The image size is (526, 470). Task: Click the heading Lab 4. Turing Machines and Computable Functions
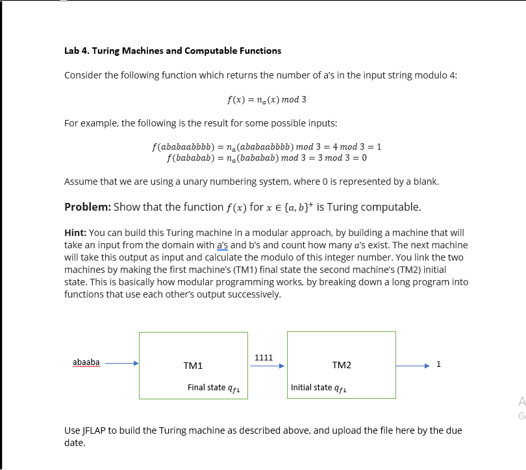(173, 51)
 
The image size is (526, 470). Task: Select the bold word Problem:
(88, 207)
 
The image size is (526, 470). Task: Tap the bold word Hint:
(75, 232)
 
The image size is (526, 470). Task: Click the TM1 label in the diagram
(193, 366)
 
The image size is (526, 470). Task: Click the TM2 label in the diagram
(341, 366)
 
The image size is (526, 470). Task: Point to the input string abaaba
(86, 362)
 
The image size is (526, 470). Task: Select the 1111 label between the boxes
(264, 357)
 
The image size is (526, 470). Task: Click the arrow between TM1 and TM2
(267, 366)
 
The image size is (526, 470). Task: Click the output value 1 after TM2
(439, 364)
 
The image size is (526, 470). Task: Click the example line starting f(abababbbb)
(266, 147)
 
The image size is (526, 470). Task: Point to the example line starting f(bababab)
(266, 158)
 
